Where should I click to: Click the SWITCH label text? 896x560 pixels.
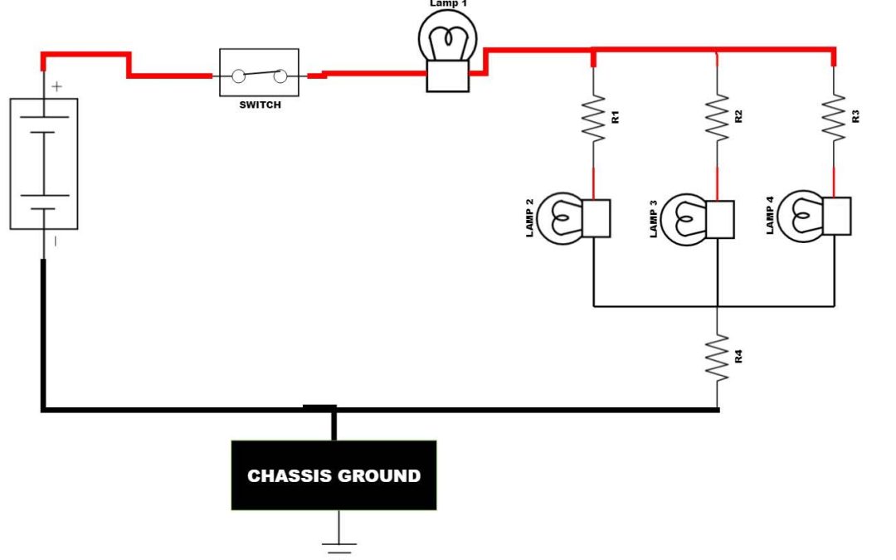click(260, 105)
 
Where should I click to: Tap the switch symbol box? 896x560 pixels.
click(259, 73)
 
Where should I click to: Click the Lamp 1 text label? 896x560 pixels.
click(448, 4)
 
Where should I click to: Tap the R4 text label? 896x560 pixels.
click(738, 358)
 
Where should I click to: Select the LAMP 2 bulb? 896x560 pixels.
click(562, 218)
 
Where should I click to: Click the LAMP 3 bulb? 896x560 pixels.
click(685, 218)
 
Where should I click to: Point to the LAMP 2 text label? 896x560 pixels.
click(529, 218)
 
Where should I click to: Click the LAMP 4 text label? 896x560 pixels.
click(770, 215)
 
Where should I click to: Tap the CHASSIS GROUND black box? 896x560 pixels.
click(334, 475)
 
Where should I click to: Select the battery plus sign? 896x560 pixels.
click(56, 85)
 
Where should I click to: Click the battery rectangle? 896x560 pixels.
click(44, 163)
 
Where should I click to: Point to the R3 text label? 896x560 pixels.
click(856, 116)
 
